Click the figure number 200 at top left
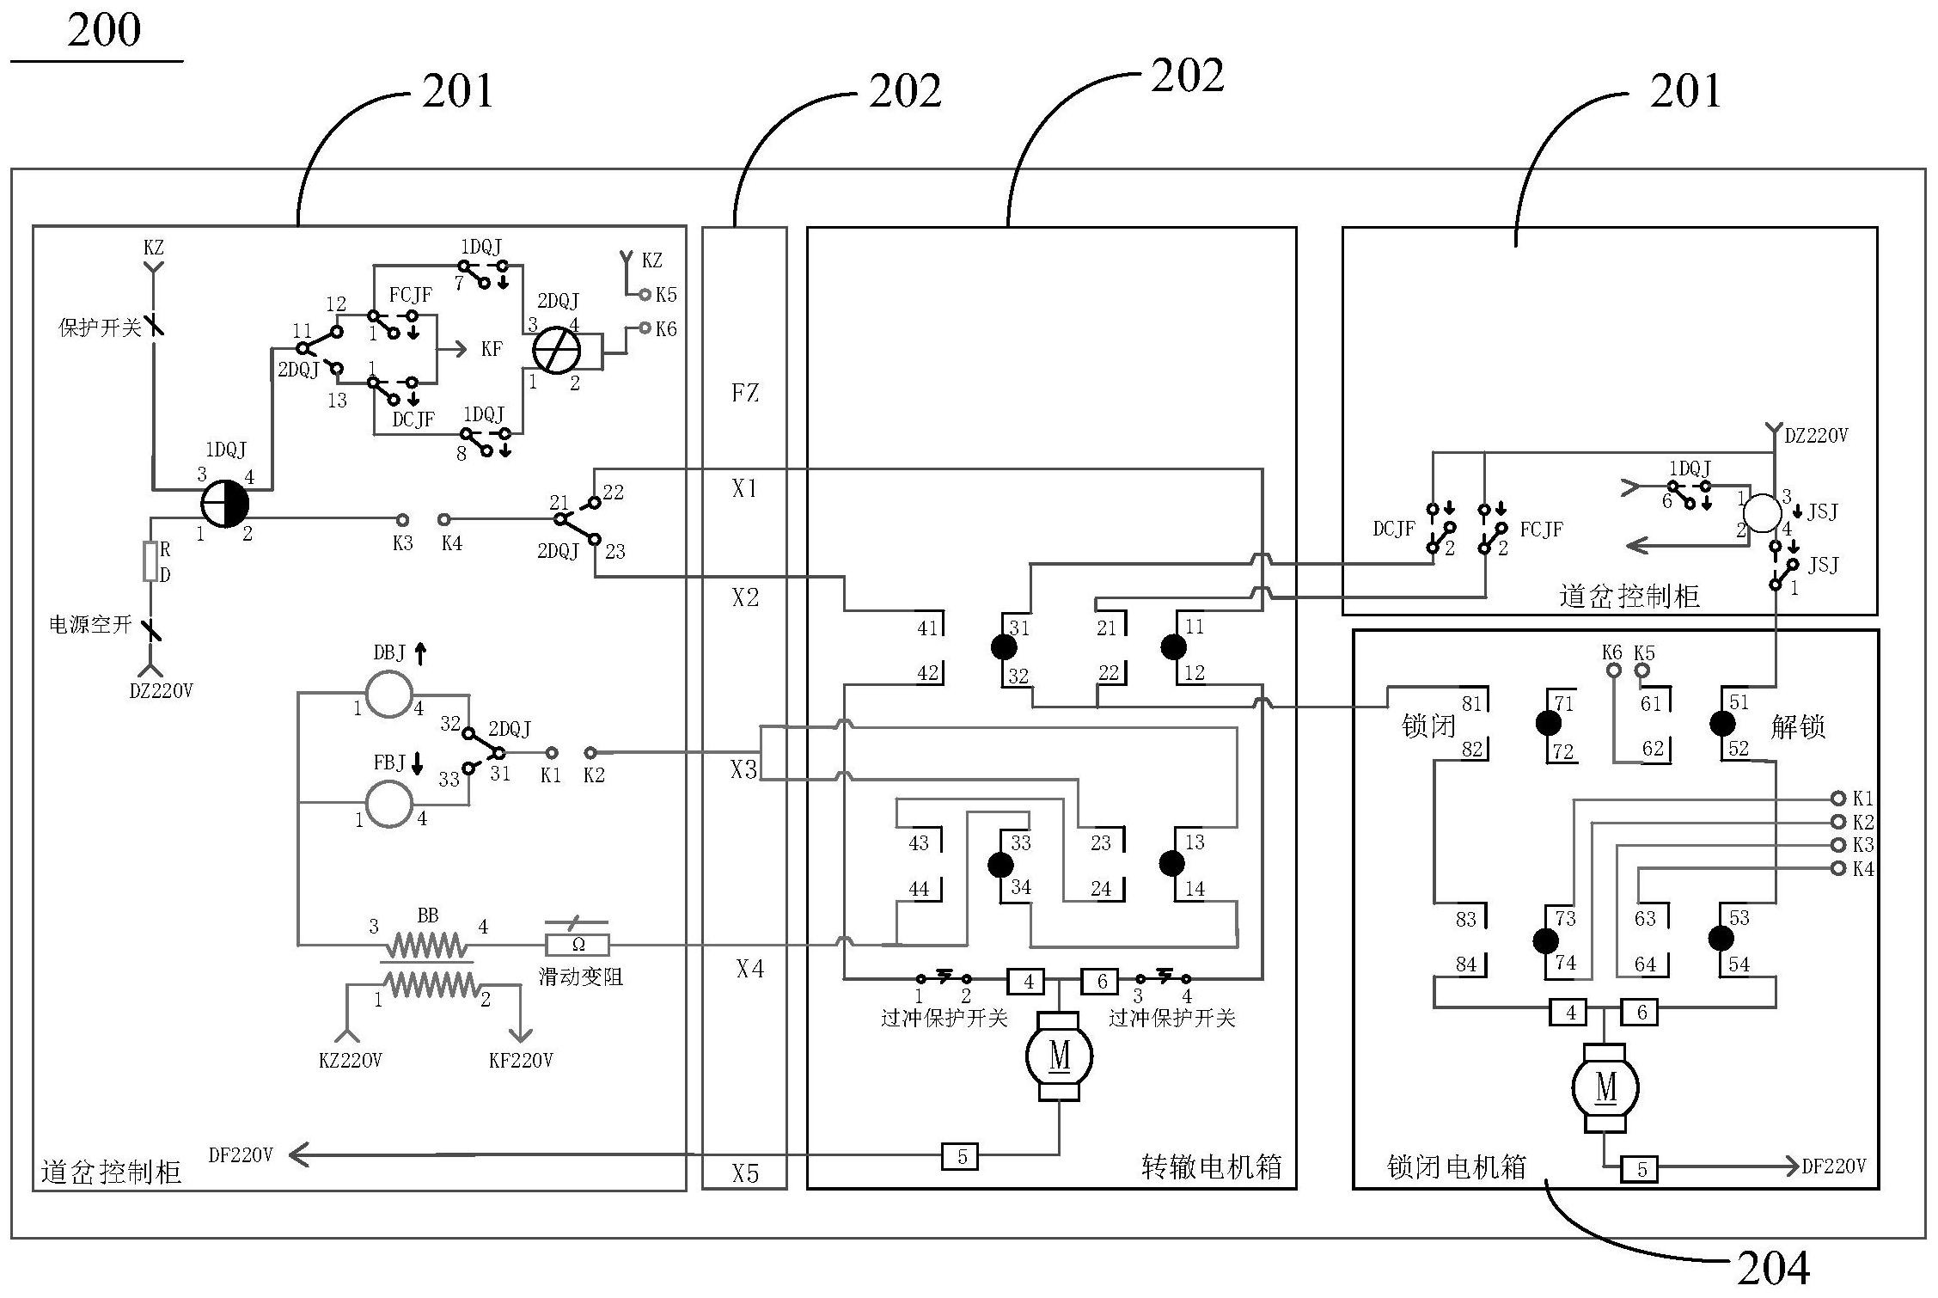coord(104,31)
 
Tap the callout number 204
coord(1773,1266)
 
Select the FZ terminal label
coord(745,393)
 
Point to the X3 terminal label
coord(744,769)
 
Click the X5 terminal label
coord(745,1173)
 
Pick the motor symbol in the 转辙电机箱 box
coord(1059,1056)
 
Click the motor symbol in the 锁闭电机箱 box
coord(1605,1088)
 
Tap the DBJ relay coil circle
coord(389,694)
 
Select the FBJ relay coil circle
coord(389,804)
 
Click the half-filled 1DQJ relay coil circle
coord(225,504)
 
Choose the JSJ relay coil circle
coord(1762,513)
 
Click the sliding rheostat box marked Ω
coord(578,945)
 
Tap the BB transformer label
coord(427,915)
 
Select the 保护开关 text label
coord(100,328)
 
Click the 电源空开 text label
coord(90,625)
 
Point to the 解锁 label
coord(1798,727)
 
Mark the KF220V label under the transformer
coord(521,1061)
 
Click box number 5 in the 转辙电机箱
coord(962,1156)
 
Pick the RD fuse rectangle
coord(151,561)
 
